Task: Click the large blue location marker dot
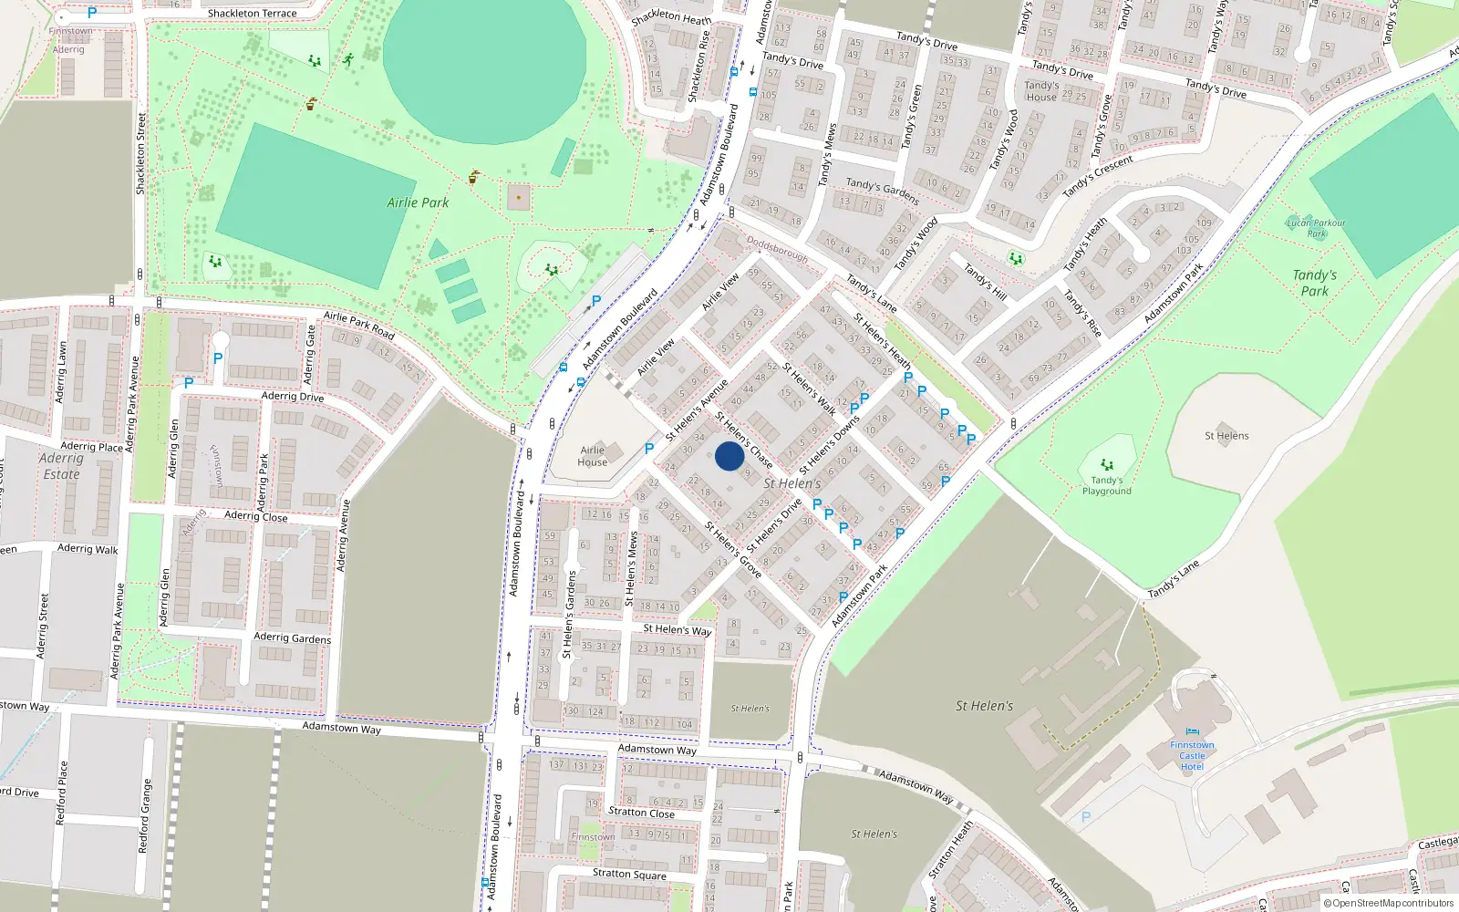[x=729, y=456]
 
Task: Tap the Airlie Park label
[x=418, y=202]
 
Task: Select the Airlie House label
[x=593, y=456]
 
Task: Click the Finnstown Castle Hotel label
[x=1192, y=756]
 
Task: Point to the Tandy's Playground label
[x=1107, y=485]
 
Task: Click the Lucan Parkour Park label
[x=1316, y=228]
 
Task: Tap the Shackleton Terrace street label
[x=252, y=14]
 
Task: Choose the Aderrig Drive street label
[x=293, y=397]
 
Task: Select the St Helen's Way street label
[x=678, y=629]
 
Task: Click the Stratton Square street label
[x=629, y=874]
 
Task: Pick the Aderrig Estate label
[x=61, y=466]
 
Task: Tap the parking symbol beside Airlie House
[x=649, y=449]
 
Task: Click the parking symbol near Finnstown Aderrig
[x=91, y=14]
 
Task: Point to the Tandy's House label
[x=1041, y=91]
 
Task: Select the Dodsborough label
[x=777, y=249]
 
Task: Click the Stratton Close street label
[x=641, y=813]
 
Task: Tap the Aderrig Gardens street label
[x=292, y=638]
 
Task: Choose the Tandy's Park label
[x=1315, y=283]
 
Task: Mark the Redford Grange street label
[x=143, y=816]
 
